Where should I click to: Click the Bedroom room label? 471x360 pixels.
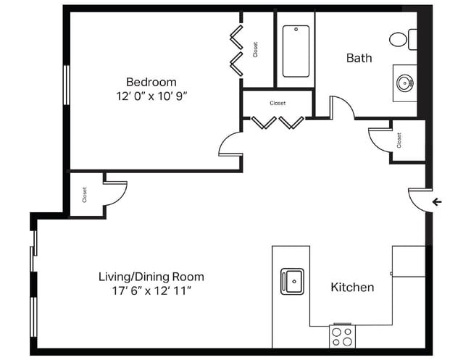coord(151,82)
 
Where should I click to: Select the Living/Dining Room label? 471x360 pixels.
coord(151,277)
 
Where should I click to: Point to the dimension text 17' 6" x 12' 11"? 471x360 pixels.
coord(151,291)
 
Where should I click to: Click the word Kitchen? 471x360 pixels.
coord(352,288)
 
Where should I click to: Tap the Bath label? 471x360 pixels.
coord(359,58)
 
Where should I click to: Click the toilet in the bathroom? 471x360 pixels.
coord(402,39)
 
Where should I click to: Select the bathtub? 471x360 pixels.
coord(296,51)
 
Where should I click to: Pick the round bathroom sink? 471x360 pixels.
coord(405,83)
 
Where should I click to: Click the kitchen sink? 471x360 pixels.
coord(293,280)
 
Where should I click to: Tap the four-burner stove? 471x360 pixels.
coord(342,336)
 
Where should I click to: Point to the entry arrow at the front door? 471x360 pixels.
coord(437,201)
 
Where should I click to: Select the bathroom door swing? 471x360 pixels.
coord(341,108)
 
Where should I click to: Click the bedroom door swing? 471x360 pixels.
coord(230,144)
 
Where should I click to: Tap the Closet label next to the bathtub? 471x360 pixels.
coord(256,49)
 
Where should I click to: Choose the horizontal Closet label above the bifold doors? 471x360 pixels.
coord(278,103)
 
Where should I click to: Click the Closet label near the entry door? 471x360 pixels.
coord(399,141)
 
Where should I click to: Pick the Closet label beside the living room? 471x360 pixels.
coord(85,194)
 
